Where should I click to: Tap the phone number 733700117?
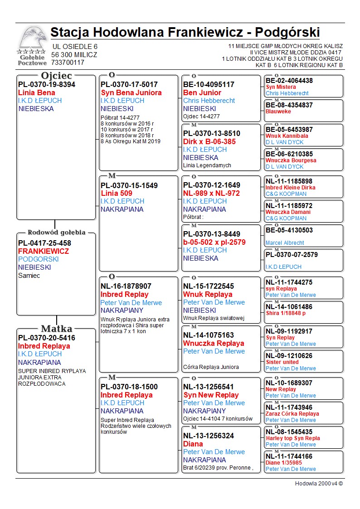(x=68, y=63)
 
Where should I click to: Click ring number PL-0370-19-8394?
(x=47, y=84)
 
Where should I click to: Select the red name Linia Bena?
(x=37, y=92)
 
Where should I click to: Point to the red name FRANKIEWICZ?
(x=44, y=251)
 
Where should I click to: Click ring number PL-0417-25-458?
(x=44, y=243)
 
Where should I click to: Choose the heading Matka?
(x=56, y=329)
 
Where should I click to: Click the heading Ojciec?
(x=56, y=76)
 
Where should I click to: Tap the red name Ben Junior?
(x=202, y=92)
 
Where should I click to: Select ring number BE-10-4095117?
(x=209, y=84)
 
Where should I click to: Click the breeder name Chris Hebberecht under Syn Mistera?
(x=287, y=93)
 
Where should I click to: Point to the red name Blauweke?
(x=278, y=111)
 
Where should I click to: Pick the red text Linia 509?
(x=117, y=193)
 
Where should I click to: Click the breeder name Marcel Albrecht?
(x=285, y=243)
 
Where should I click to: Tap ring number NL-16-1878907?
(x=126, y=286)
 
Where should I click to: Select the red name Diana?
(x=193, y=444)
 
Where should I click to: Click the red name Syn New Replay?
(x=211, y=395)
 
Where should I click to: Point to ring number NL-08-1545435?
(x=289, y=432)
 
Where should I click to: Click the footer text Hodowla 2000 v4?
(x=319, y=484)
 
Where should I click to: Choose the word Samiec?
(x=29, y=276)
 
